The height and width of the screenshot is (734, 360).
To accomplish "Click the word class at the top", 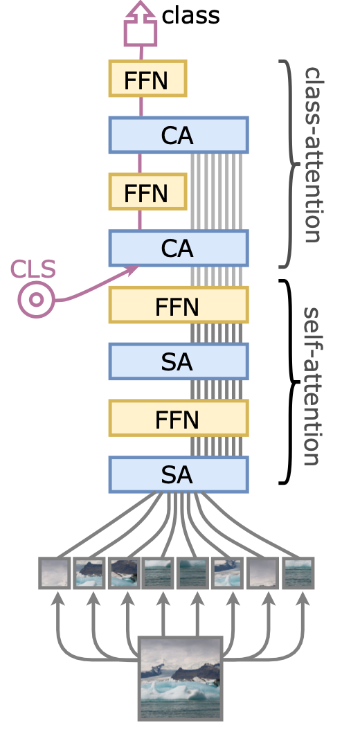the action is [x=190, y=16].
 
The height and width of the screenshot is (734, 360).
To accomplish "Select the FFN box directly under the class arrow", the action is [x=148, y=79].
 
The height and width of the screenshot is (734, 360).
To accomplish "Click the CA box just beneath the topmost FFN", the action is [x=179, y=135].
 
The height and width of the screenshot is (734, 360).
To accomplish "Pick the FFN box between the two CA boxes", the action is [x=148, y=191].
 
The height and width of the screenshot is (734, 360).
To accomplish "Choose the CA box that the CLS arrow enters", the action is [x=179, y=248].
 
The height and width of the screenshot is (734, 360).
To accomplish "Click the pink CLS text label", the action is [x=33, y=269].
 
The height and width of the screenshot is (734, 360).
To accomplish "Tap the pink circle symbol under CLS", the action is [x=37, y=300].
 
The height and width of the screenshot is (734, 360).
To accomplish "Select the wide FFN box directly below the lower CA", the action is [x=179, y=305].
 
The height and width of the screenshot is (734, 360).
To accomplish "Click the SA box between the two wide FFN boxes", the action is [x=179, y=361].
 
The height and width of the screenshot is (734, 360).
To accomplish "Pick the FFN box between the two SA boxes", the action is [x=179, y=418].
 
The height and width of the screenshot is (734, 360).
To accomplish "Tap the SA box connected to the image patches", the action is [x=179, y=474].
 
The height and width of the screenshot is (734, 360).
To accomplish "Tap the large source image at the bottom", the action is [x=180, y=679].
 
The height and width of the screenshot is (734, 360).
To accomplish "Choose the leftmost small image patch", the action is [x=55, y=573].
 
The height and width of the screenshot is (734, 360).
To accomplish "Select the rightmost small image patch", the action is [x=298, y=573].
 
